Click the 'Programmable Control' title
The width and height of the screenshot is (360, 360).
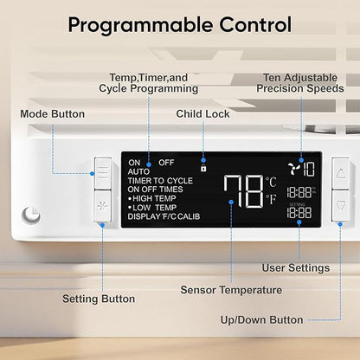coord(180,25)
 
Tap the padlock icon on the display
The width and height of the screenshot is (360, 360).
coord(203,168)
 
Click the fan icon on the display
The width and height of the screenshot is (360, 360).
coord(294,168)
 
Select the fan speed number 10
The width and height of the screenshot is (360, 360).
coord(309,169)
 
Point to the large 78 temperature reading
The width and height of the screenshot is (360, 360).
coord(244,191)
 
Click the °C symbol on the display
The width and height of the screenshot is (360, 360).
coord(271,182)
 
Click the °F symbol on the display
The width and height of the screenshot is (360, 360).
coord(271,199)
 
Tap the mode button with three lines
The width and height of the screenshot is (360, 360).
coord(103,173)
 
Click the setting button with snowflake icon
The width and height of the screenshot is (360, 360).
coord(103,206)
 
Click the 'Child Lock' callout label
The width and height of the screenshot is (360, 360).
coord(202,114)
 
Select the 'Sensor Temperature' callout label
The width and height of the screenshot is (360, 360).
coord(231,290)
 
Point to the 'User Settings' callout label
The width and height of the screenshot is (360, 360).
coord(296,267)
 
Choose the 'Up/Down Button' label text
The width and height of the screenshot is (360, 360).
coord(261,320)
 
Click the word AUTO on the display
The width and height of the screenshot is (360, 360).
coord(138,172)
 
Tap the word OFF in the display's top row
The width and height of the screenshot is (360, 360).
coord(166,163)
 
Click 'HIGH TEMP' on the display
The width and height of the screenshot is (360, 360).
coord(154,198)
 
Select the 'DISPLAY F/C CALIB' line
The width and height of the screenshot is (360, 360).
coord(164,216)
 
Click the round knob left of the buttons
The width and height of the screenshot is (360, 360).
coord(31,215)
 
